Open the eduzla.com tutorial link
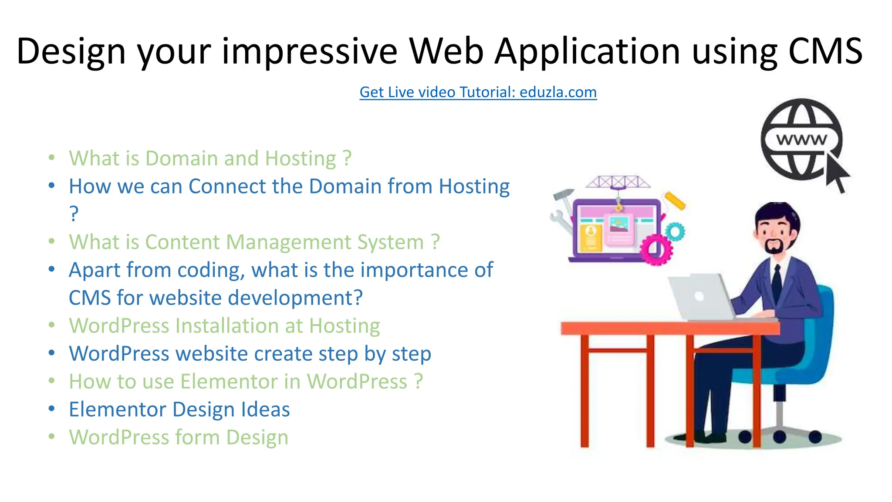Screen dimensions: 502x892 (478, 92)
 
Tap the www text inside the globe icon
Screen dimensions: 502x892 (801, 140)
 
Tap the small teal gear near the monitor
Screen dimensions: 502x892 (675, 231)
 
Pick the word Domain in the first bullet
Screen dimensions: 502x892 (182, 158)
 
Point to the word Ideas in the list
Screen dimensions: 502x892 (266, 410)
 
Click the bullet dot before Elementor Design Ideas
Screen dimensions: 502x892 (52, 409)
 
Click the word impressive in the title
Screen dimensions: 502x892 (309, 51)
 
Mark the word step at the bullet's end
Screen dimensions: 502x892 (411, 354)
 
